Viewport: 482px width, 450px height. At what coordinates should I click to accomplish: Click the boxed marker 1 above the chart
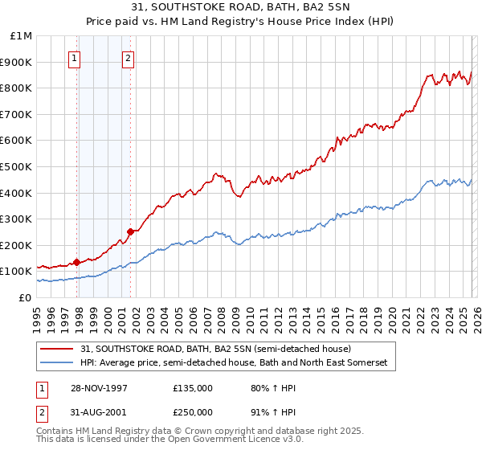(74, 57)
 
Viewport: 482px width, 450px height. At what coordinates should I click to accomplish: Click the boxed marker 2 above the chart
(128, 57)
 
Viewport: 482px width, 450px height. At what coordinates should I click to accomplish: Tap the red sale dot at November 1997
(77, 261)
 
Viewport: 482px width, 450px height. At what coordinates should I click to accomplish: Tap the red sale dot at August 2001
(130, 231)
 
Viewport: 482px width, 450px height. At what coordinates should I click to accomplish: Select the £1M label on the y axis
(22, 35)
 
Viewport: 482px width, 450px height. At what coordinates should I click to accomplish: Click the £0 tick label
(26, 297)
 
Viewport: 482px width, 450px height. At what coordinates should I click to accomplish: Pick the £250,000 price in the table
(192, 411)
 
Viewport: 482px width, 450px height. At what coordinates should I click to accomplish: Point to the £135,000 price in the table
(192, 388)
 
